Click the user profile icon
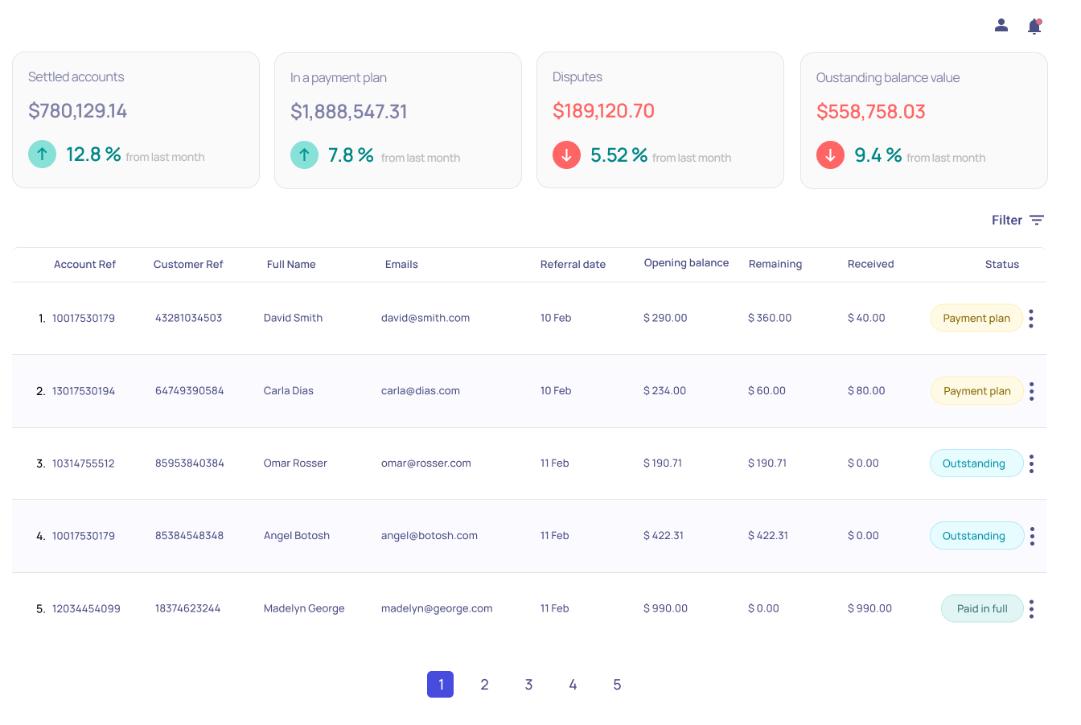(x=1001, y=26)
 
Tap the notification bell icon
(x=1034, y=27)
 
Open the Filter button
(x=1017, y=220)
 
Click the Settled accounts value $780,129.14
(x=78, y=111)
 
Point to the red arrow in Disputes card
(x=566, y=155)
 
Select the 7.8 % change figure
(x=351, y=155)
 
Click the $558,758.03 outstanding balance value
(x=870, y=112)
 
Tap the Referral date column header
(x=573, y=265)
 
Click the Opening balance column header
(x=686, y=263)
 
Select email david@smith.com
(x=425, y=319)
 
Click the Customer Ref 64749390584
(x=189, y=391)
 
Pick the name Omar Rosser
(x=295, y=463)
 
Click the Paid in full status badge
(x=982, y=609)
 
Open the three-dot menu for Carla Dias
(x=1031, y=392)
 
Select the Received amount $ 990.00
(x=869, y=609)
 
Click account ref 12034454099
(x=86, y=609)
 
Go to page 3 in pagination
(x=528, y=685)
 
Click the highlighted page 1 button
(x=440, y=685)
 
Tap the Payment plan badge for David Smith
(x=976, y=319)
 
